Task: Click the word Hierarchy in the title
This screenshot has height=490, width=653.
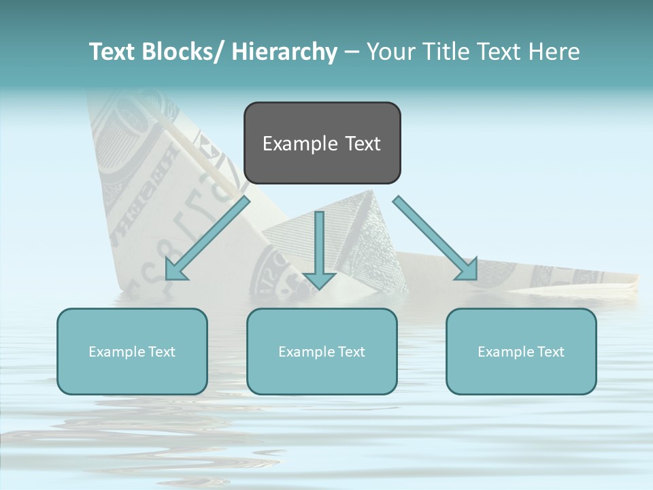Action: [x=284, y=52]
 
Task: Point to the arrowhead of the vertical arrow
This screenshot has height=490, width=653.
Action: [x=319, y=279]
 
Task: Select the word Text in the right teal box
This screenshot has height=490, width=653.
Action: [x=550, y=351]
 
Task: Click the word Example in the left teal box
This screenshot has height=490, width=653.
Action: [x=117, y=351]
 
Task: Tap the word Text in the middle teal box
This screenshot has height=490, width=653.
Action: [x=350, y=351]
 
